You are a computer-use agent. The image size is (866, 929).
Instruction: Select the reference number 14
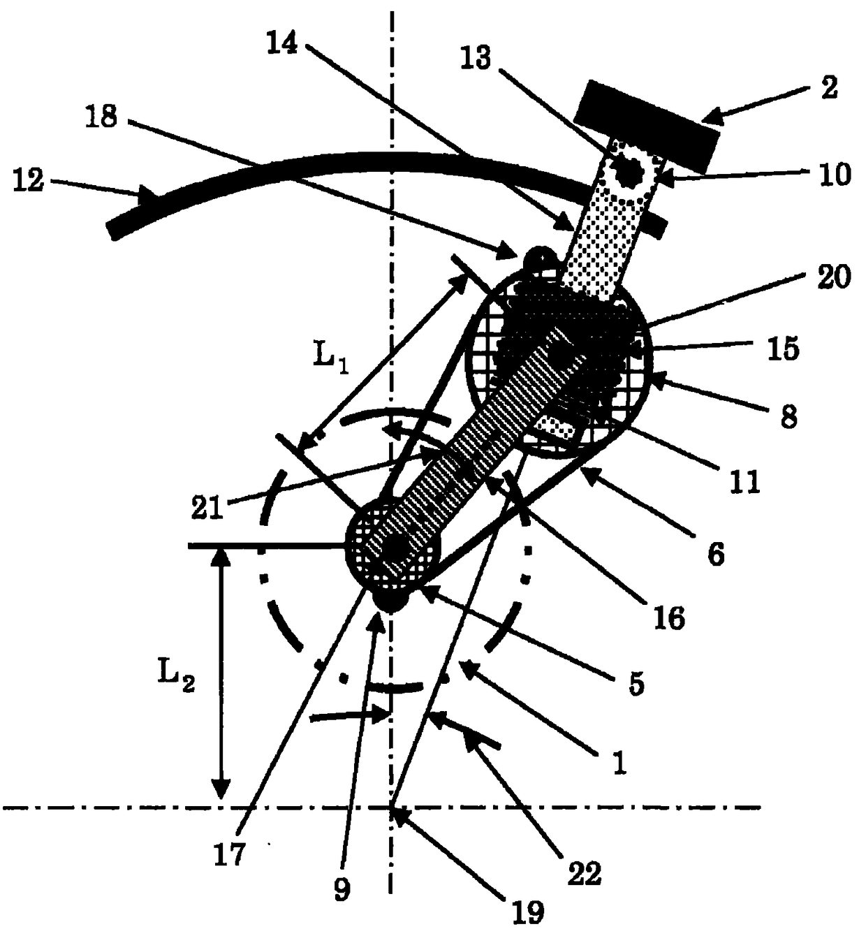pyautogui.click(x=282, y=43)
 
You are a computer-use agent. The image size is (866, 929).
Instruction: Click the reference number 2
pyautogui.click(x=828, y=89)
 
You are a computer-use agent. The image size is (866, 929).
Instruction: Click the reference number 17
pyautogui.click(x=229, y=854)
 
